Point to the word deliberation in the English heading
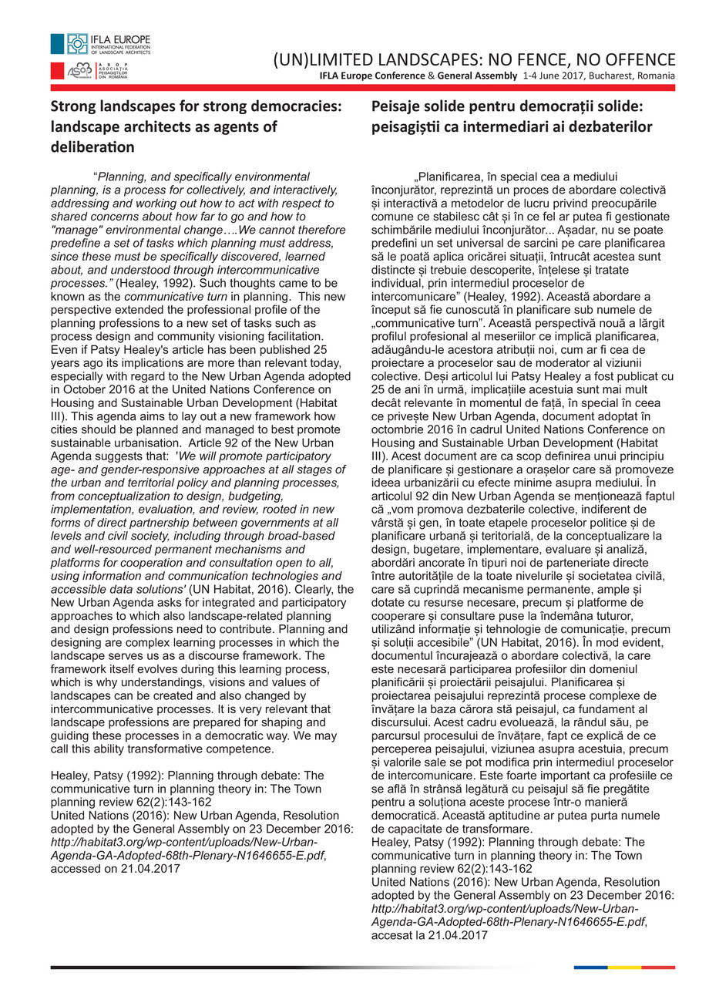[x=92, y=146]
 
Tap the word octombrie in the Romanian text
[x=397, y=417]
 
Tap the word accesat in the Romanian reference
[x=393, y=935]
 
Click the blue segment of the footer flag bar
[x=590, y=967]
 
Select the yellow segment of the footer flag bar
[x=624, y=967]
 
